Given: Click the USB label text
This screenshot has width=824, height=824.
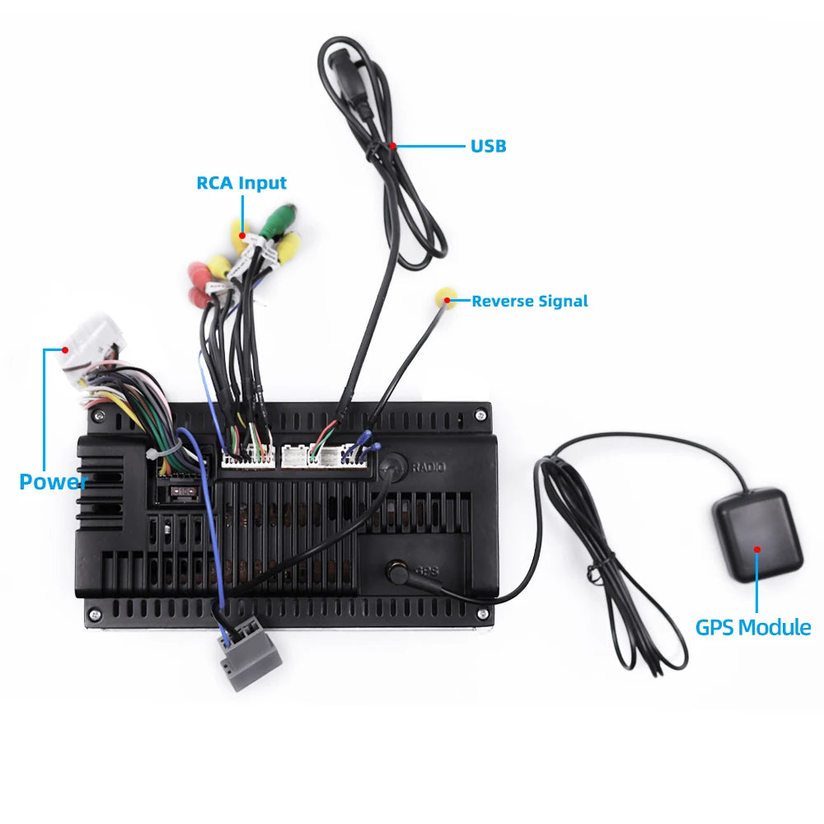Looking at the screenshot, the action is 488,146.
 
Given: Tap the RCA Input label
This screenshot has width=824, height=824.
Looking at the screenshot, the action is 241,183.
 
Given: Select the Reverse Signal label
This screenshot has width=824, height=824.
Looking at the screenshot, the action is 530,301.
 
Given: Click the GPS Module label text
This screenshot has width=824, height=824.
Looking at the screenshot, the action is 753,627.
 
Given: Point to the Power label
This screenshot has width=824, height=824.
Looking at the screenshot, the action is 53,482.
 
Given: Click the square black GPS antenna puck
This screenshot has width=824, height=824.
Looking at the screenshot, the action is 757,535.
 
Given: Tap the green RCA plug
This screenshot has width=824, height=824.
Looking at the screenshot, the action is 278,221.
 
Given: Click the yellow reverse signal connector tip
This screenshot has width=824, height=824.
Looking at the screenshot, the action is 446,297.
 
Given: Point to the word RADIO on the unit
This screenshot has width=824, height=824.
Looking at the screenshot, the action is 428,466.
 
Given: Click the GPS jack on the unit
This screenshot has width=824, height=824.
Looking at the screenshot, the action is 397,571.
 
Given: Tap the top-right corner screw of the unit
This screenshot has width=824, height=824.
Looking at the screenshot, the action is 480,415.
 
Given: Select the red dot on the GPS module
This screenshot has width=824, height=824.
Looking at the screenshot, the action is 757,549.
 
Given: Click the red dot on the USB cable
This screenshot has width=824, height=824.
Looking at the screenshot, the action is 392,146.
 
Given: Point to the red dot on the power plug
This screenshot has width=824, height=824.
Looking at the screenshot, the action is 65,349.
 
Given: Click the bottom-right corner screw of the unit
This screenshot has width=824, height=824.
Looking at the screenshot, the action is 482,613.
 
